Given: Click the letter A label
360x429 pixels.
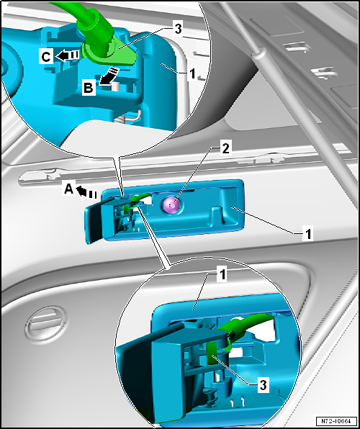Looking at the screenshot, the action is tap(69, 189).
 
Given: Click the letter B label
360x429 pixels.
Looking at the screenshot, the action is tap(89, 89).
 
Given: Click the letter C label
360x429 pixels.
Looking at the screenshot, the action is tap(46, 57).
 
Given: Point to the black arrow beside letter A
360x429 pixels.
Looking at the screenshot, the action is tap(86, 192).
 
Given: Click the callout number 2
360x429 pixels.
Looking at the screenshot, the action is tap(227, 148).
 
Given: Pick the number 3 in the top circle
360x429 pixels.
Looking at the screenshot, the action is tap(178, 29).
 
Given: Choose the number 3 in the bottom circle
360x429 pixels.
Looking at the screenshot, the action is tap(262, 385).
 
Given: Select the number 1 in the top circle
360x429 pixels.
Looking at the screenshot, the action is tap(193, 73).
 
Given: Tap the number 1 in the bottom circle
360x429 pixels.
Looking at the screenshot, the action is tap(222, 274).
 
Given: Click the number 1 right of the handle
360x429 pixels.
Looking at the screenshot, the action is tap(307, 234).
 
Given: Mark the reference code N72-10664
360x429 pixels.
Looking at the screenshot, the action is tap(336, 420).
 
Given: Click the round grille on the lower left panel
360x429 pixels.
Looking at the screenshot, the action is tap(47, 324).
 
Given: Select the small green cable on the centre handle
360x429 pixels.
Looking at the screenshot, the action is tap(139, 199).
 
